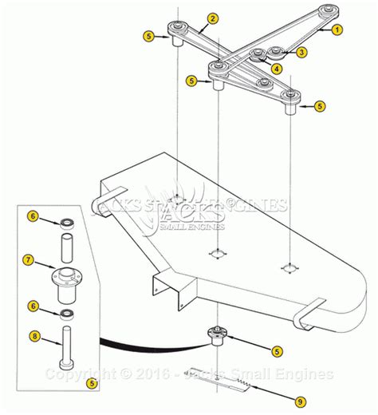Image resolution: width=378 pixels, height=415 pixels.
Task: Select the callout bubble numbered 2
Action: tap(213, 18)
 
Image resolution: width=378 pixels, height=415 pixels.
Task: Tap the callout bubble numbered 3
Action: tap(301, 52)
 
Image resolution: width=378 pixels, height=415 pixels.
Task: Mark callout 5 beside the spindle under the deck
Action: tap(275, 350)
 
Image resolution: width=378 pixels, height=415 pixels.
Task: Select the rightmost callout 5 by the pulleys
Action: tap(319, 106)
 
